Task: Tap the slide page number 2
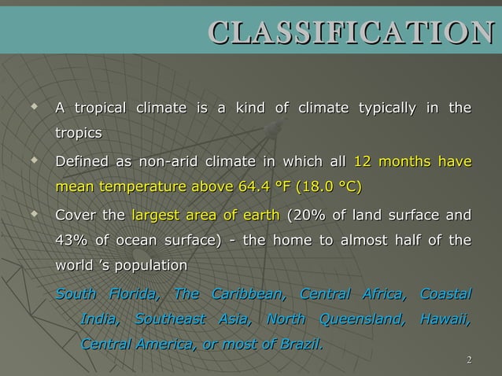click(x=469, y=361)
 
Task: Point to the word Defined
click(x=82, y=163)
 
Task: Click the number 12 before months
click(x=363, y=163)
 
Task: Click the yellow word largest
click(x=155, y=216)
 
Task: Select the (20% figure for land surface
click(x=307, y=216)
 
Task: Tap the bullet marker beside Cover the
click(x=33, y=214)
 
